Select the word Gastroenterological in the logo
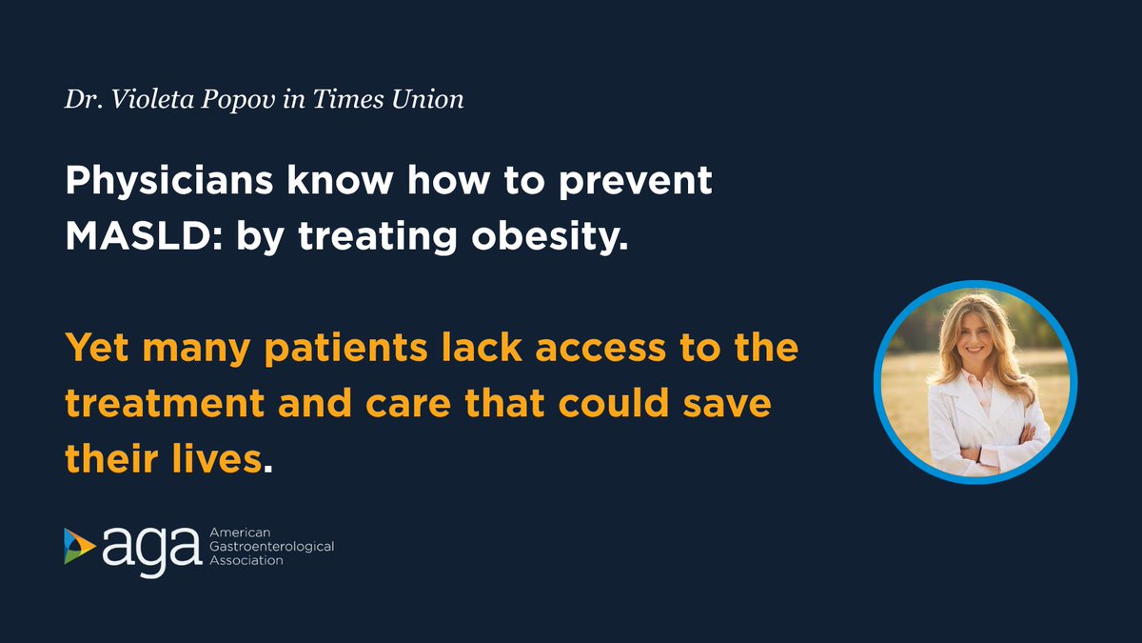[x=269, y=547]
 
